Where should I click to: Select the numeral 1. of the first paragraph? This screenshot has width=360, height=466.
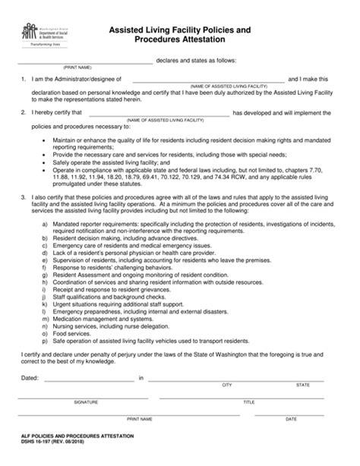(25, 79)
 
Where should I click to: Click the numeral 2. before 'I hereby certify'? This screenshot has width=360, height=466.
(25, 112)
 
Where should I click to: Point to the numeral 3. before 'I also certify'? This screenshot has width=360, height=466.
(25, 197)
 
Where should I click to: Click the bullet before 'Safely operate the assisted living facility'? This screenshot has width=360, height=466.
(46, 162)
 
